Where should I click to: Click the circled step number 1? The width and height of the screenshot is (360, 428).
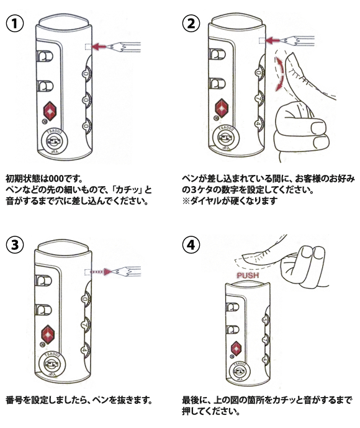pos(15,24)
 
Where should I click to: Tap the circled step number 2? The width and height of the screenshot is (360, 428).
pos(191,24)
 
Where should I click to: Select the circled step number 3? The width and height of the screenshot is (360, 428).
pos(15,244)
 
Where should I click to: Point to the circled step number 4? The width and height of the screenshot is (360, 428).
pos(191,244)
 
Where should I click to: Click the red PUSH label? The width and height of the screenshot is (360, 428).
pos(248,275)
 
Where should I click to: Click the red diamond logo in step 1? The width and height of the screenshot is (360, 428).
pos(50,111)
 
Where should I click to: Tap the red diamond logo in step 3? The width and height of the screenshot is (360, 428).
pos(48,334)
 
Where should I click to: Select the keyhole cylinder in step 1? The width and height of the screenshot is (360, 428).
pos(52,141)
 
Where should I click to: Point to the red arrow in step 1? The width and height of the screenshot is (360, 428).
pos(98,47)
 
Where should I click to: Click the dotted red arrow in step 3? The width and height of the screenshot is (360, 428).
pos(101,272)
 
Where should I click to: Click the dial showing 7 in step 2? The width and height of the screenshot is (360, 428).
pos(259,98)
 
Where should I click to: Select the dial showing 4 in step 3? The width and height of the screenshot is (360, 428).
pos(85,349)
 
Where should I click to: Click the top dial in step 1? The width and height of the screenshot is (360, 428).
pos(86,74)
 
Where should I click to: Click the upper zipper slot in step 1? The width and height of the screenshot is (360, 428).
pos(45,56)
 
